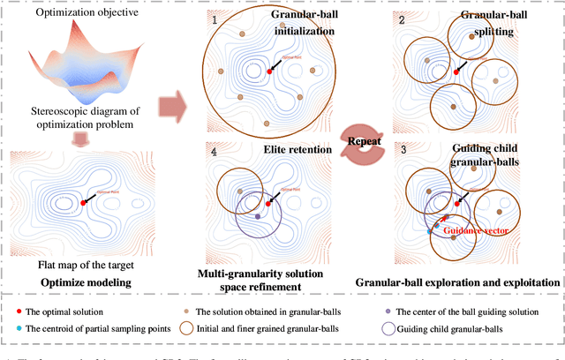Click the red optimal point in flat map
click(82, 203)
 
